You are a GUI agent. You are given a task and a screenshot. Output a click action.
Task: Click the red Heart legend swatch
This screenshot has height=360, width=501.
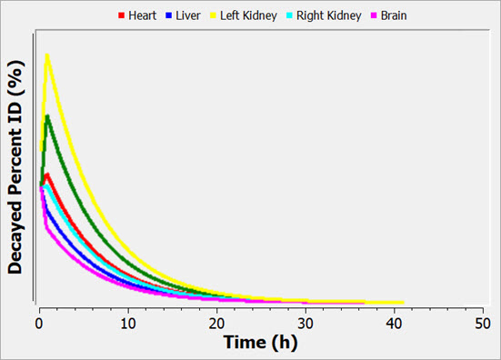(121, 15)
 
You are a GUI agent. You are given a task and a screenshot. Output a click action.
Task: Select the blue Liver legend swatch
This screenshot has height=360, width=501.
(169, 15)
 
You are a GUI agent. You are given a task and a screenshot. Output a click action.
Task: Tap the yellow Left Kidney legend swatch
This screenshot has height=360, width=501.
(213, 15)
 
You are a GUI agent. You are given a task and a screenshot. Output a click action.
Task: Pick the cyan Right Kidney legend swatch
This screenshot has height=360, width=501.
(289, 15)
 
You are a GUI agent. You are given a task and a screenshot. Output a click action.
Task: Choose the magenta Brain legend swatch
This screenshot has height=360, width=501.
(374, 15)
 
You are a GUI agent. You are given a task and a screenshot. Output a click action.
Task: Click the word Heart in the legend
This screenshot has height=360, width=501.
(142, 15)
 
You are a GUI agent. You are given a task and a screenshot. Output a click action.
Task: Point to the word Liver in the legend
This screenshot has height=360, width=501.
(188, 15)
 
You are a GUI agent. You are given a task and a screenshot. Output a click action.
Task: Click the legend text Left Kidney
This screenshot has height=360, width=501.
(248, 16)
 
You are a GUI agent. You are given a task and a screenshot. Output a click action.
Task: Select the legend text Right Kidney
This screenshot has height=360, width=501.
(329, 16)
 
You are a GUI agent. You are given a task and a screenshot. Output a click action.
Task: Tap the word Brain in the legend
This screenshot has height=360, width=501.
(394, 15)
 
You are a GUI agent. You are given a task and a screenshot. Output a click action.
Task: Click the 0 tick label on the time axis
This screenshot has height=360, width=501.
(39, 324)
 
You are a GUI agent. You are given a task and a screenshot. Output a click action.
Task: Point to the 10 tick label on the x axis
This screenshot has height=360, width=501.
(128, 324)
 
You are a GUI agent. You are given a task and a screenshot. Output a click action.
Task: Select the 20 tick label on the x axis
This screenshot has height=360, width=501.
(216, 324)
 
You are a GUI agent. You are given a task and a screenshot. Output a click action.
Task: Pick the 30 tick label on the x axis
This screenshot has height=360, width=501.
(306, 324)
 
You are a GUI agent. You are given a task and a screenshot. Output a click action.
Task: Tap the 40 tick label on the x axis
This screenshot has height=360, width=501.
(394, 324)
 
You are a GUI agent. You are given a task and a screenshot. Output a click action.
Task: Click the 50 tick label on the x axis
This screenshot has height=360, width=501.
(483, 324)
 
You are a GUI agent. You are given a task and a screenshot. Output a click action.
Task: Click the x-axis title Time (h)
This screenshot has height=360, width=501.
(260, 343)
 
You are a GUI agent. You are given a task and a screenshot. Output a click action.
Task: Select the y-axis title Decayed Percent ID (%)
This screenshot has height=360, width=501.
(15, 167)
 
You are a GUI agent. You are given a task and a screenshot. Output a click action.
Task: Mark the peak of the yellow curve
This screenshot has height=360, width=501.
(47, 55)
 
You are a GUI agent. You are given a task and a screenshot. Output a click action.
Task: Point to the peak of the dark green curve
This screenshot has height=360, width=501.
(47, 116)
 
